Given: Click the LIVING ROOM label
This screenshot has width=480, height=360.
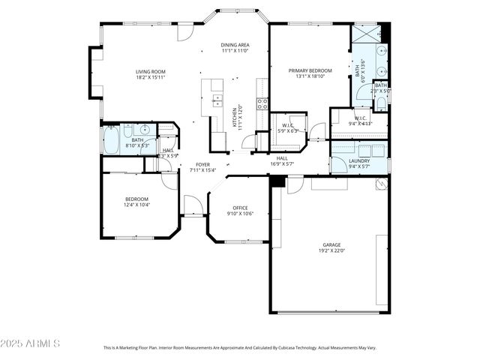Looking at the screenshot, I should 150,71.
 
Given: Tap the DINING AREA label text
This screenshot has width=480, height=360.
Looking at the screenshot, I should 235,45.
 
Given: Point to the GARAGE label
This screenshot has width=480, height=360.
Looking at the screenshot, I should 331,244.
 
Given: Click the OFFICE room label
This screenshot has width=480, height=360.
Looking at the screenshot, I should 240,208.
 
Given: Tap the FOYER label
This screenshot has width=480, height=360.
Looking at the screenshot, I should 202,164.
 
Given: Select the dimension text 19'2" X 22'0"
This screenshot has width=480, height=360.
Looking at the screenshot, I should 331,250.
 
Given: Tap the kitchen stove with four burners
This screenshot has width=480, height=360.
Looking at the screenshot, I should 262,104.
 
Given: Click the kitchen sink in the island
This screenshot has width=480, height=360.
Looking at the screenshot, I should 217,100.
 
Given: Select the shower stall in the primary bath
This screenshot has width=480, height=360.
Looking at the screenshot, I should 367,34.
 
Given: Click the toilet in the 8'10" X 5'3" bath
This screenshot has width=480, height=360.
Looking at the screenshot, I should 128,130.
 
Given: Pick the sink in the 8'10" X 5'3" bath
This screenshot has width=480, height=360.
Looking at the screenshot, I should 145,130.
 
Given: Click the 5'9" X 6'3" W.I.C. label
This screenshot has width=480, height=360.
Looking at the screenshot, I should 288,127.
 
